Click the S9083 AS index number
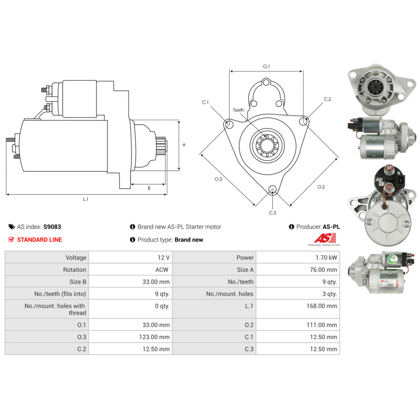coord(52,227)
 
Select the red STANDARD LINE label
coord(39,240)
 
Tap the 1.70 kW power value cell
coord(328,257)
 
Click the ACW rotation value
coord(162,270)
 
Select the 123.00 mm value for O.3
coord(155,337)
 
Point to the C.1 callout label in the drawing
coord(205,102)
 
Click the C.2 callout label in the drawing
coord(328,99)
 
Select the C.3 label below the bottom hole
coord(273,213)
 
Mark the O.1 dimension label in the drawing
coord(266,66)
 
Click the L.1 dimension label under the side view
coord(85,199)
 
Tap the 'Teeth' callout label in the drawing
coord(239,110)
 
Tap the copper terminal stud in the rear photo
coord(388,170)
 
